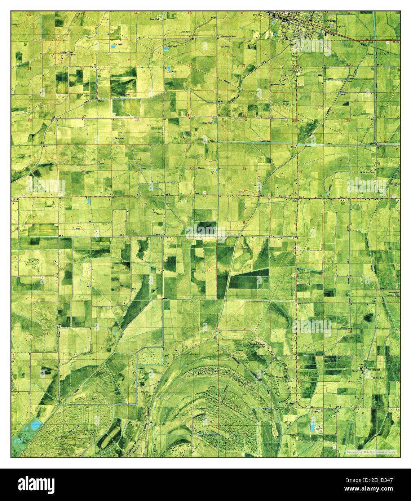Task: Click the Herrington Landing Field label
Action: (x=392, y=294)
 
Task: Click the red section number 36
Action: (x=191, y=167)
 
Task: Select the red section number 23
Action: (x=137, y=66)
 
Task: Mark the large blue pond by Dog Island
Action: (x=35, y=425)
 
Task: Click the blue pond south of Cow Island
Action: (x=312, y=427)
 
